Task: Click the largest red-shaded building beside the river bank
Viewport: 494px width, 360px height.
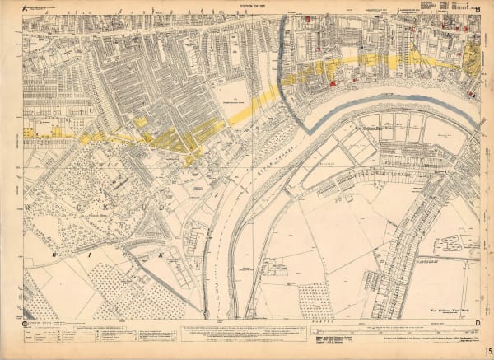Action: [x=332, y=82]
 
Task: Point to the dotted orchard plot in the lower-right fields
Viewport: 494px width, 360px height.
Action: [x=315, y=301]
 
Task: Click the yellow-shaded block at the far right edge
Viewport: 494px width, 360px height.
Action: [x=472, y=59]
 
